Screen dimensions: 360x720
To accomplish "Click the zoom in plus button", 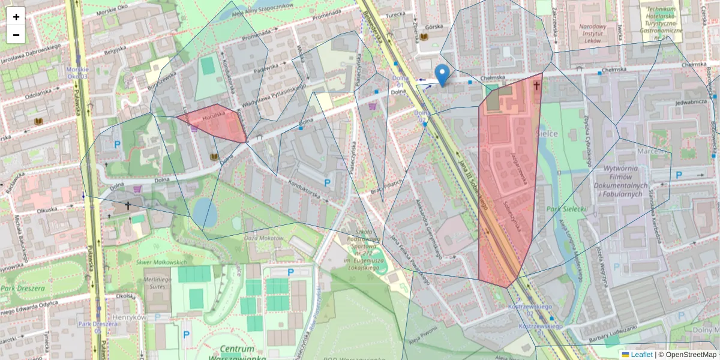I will tap(16, 17).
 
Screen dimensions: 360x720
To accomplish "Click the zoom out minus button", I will tap(16, 34).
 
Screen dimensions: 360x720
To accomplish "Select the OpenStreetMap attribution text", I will tap(691, 354).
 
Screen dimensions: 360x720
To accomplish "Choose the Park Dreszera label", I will tap(23, 289).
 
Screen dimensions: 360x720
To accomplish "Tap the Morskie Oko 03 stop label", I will tap(78, 73).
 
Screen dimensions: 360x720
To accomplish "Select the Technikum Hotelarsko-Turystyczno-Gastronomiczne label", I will tap(665, 23).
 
